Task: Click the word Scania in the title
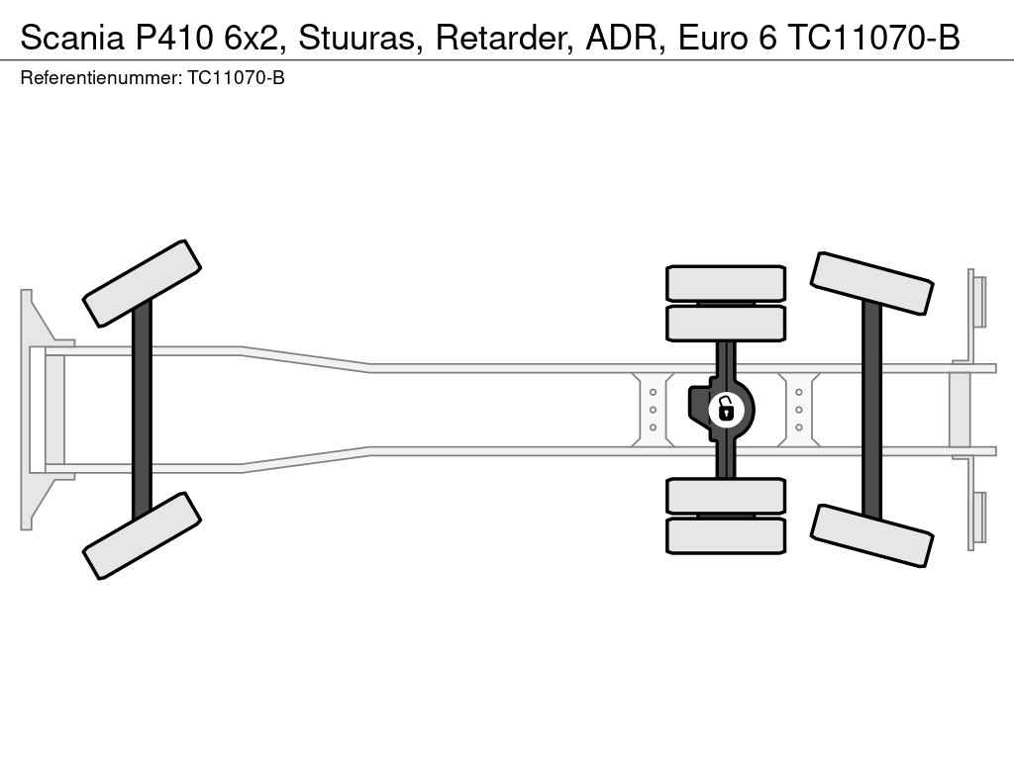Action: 71,38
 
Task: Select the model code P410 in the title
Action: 173,38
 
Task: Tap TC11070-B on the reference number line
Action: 236,78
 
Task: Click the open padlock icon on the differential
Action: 726,410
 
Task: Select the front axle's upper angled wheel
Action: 142,284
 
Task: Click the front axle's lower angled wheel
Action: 142,535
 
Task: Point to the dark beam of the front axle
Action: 142,410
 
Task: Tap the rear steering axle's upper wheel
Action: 871,284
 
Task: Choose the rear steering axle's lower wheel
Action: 871,535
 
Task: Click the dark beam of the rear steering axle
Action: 871,410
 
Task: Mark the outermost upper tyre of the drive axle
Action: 726,283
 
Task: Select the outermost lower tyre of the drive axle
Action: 726,535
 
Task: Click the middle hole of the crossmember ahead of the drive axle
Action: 654,410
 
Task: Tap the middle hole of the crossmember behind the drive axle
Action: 799,410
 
